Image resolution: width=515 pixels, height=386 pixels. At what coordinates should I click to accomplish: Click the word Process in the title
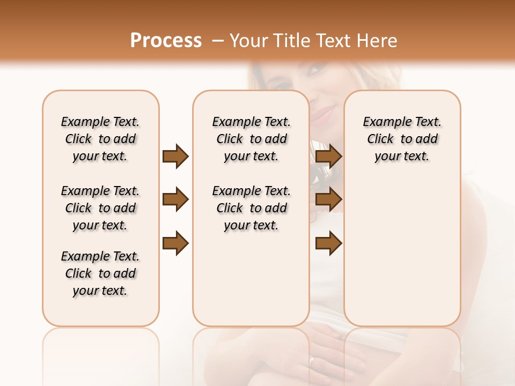(166, 41)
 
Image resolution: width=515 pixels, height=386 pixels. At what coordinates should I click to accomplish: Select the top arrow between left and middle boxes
(175, 156)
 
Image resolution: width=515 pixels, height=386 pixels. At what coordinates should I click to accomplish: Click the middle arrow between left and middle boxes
(175, 200)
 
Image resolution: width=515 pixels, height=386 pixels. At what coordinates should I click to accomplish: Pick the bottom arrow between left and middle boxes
(175, 243)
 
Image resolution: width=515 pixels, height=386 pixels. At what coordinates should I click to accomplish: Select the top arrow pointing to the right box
(328, 156)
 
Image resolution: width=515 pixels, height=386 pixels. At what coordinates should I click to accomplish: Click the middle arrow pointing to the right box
(328, 200)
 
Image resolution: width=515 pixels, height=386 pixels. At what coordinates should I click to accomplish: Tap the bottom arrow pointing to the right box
(328, 243)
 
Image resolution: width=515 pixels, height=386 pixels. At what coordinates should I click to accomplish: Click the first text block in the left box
(100, 139)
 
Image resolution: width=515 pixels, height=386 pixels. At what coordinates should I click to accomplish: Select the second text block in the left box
(100, 208)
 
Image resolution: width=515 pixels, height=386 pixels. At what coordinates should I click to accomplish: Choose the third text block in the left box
(100, 273)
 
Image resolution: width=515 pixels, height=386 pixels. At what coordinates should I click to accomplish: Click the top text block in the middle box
(251, 139)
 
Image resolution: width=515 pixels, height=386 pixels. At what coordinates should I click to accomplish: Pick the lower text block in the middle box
(251, 208)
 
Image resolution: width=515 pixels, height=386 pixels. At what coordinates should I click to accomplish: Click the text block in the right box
(402, 139)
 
